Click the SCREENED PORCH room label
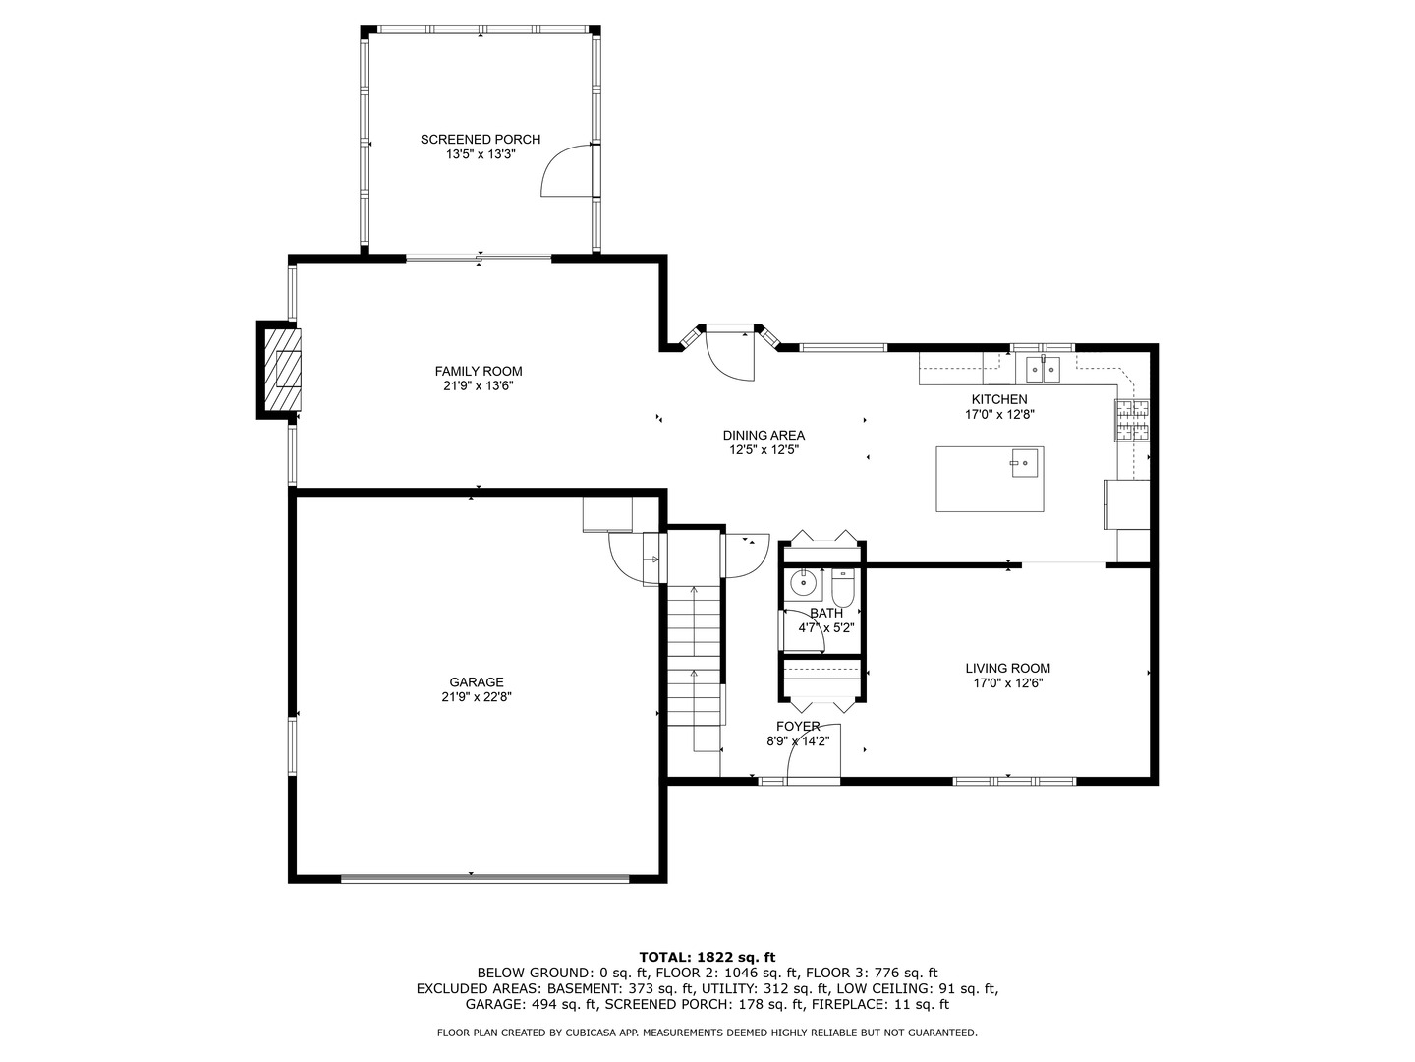(480, 139)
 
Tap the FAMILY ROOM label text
(479, 371)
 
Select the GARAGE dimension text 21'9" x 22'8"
(477, 697)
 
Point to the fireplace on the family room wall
(283, 370)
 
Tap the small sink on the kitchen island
(1025, 462)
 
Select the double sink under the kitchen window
(1043, 370)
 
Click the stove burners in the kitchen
(1131, 421)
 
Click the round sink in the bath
(805, 583)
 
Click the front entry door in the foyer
(812, 752)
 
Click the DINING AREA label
(764, 435)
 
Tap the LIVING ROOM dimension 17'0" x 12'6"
(1007, 683)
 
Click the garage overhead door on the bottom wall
(484, 876)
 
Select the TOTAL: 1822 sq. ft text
(707, 956)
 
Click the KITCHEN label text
(998, 399)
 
